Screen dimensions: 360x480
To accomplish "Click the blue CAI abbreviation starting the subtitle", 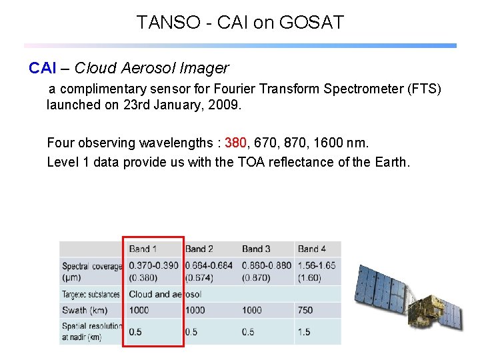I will tap(41, 68).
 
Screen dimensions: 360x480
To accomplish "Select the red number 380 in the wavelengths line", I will tap(236, 143).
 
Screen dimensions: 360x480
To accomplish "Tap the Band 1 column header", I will tap(143, 249).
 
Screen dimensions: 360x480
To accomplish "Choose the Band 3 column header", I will tap(256, 249).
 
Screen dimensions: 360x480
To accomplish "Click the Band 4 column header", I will tap(312, 249).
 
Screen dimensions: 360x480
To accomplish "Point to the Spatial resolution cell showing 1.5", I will tap(305, 332).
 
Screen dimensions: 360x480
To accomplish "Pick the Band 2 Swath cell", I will tap(195, 310).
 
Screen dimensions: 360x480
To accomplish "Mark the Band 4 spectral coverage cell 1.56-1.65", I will tap(317, 265).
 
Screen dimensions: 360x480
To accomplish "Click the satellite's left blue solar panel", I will tap(381, 290).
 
